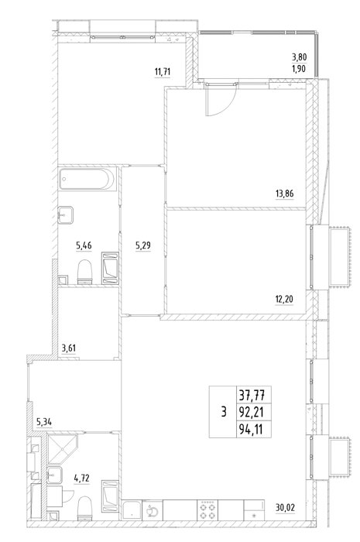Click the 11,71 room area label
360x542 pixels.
[163, 72]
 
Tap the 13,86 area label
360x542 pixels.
[284, 194]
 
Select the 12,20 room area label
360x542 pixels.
[284, 299]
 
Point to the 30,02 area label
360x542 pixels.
[286, 508]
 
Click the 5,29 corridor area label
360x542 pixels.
[143, 245]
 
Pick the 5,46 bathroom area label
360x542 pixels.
[84, 245]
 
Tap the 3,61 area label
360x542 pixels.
[69, 348]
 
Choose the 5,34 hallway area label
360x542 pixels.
[44, 421]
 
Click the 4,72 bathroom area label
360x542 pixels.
[82, 479]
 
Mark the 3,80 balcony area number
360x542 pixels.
[299, 57]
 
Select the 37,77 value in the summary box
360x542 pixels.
[254, 394]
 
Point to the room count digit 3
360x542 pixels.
[224, 412]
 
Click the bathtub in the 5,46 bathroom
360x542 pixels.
[87, 179]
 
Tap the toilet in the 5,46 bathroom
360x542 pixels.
[85, 272]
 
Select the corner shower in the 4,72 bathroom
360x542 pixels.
[61, 448]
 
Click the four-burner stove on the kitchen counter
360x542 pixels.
[207, 509]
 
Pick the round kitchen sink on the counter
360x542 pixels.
[153, 510]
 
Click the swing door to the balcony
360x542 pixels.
[220, 99]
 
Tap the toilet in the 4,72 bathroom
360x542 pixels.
[85, 508]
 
